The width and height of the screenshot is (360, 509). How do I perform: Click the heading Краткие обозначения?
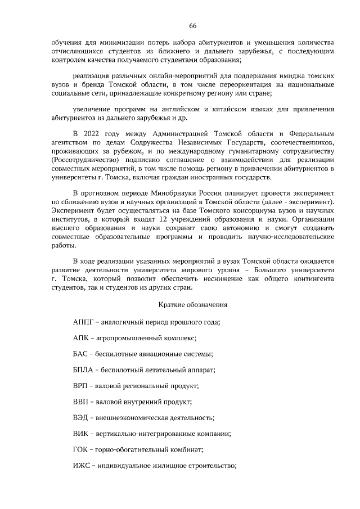click(192, 305)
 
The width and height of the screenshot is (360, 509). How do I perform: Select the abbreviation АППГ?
click(83, 322)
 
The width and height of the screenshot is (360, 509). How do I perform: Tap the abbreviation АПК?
click(82, 338)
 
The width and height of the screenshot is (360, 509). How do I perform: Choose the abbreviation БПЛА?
click(84, 370)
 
